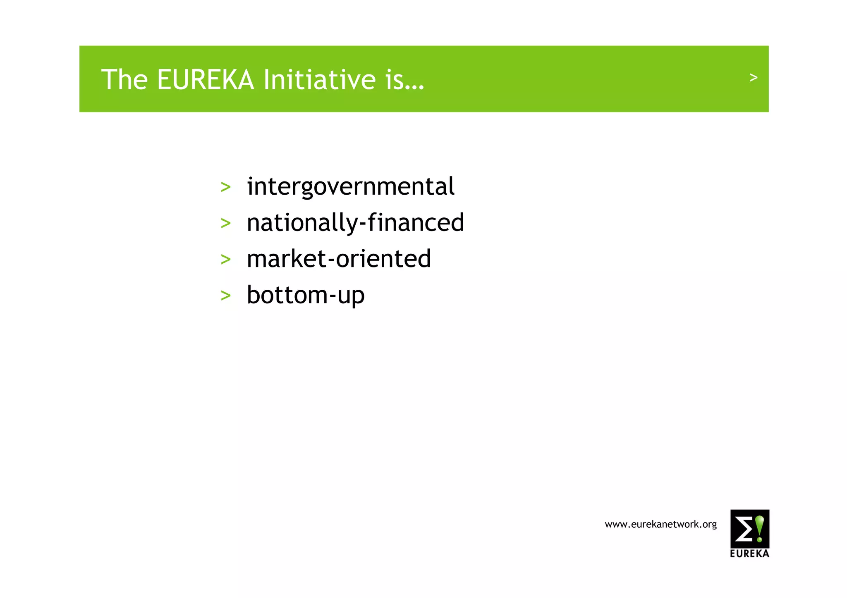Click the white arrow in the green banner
754,77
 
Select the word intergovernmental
350,186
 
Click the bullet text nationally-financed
355,223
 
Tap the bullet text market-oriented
339,259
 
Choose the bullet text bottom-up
306,295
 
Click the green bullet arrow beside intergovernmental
225,187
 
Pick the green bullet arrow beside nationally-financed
225,224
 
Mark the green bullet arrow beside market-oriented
225,260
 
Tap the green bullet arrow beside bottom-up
225,295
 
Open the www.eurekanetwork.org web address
660,524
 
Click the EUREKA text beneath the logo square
749,553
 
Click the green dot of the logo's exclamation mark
760,539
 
